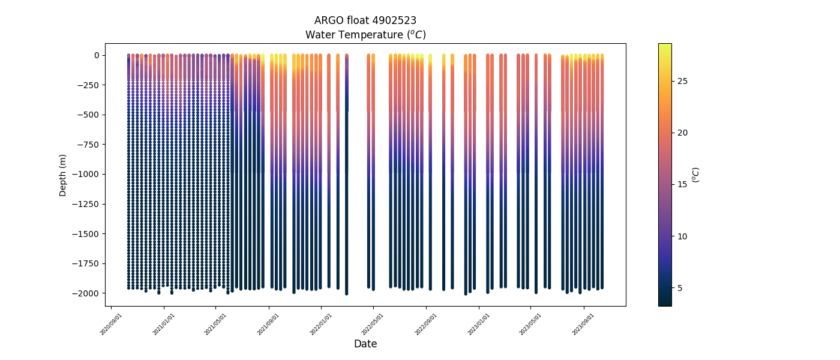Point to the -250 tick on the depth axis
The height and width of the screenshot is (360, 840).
click(89, 85)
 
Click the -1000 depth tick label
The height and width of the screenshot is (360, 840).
click(87, 174)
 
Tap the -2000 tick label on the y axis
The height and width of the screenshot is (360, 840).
click(87, 293)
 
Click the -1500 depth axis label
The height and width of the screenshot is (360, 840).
click(87, 234)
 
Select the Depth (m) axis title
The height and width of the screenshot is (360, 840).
click(62, 175)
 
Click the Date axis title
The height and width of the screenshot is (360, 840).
click(365, 344)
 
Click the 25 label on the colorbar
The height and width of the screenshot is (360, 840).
click(682, 81)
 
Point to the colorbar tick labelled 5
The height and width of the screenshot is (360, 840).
click(679, 288)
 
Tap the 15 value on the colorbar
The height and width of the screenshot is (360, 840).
click(682, 184)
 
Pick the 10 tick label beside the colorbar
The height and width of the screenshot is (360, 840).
click(682, 236)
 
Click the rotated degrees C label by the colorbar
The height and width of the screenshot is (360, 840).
click(695, 175)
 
